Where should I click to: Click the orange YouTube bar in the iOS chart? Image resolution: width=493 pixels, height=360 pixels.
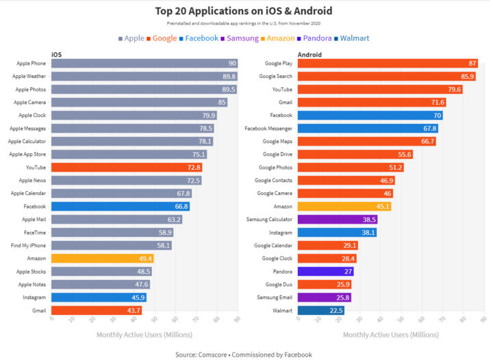[127, 167]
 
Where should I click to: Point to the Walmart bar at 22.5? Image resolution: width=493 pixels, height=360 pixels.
[321, 310]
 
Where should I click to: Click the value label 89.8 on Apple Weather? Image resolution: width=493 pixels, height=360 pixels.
[229, 76]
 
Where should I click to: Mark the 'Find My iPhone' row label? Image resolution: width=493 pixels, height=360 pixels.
[29, 245]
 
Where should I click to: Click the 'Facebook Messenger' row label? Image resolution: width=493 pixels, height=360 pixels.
[268, 128]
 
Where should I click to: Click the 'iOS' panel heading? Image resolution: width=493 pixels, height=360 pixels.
[57, 54]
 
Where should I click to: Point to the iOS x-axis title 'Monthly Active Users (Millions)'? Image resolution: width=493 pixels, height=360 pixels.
[144, 335]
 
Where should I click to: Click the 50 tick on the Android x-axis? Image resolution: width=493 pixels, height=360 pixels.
[401, 320]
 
